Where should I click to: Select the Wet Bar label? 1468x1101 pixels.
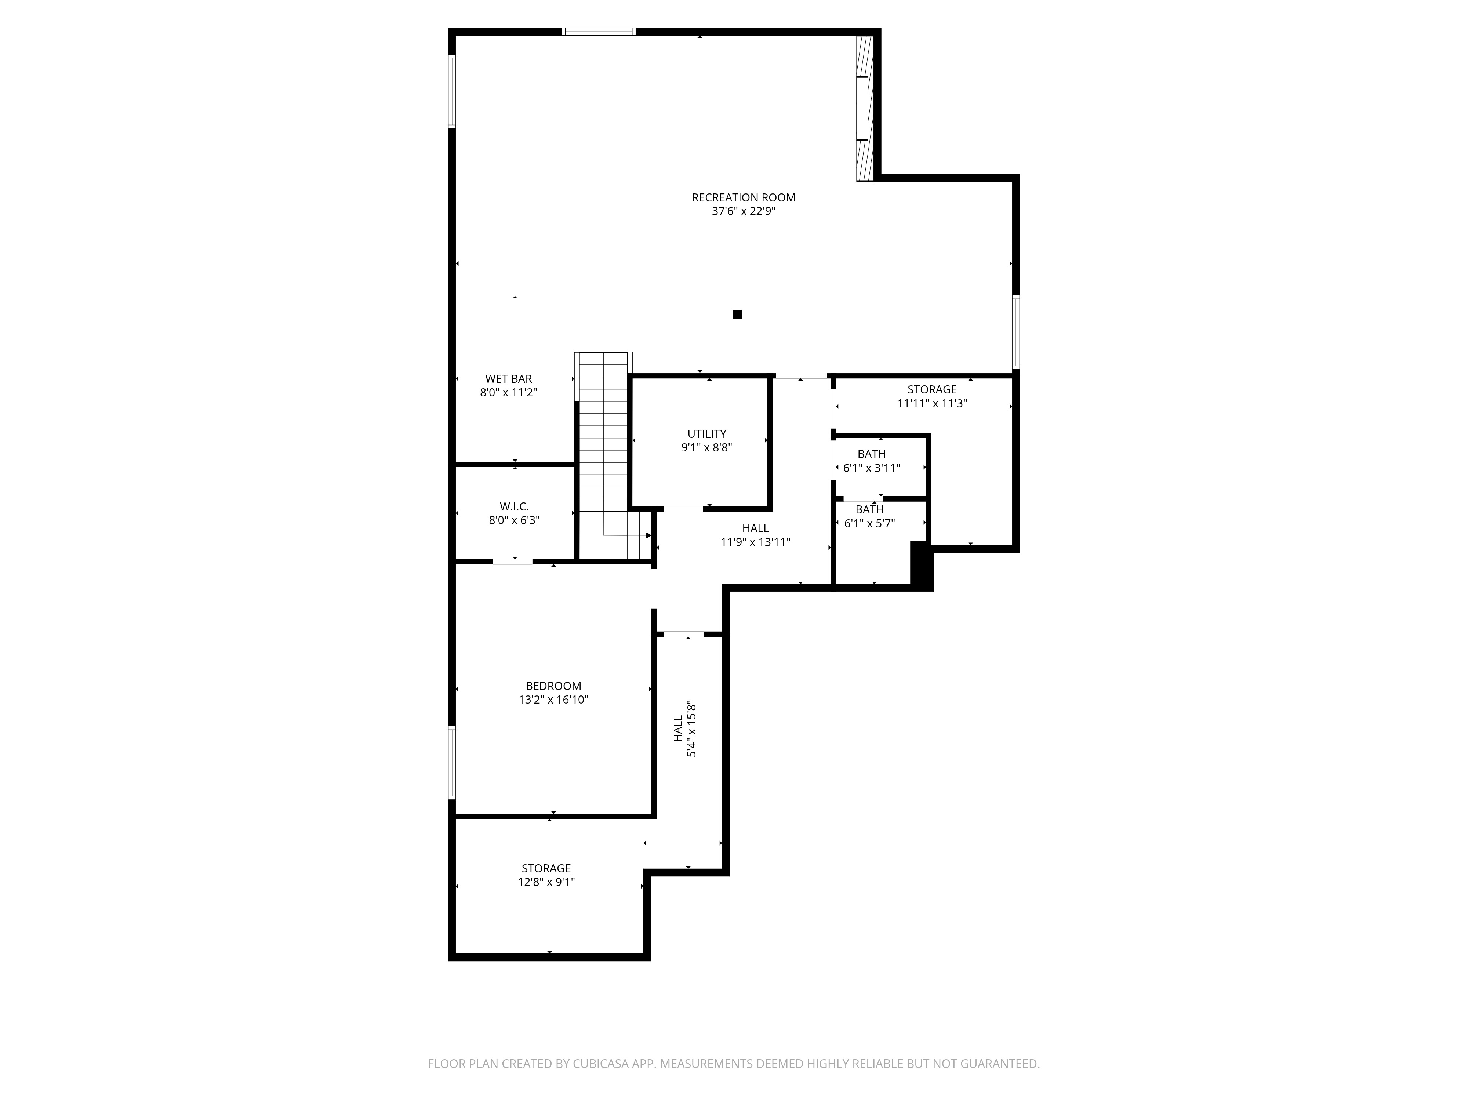coord(508,379)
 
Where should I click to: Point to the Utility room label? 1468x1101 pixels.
coord(707,434)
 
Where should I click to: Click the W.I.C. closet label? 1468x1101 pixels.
coord(514,507)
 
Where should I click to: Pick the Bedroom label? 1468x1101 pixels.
coord(553,686)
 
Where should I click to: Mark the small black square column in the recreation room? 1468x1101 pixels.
coord(737,315)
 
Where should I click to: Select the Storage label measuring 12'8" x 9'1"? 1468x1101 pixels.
coord(546,869)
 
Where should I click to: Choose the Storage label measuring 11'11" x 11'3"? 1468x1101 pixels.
coord(933,389)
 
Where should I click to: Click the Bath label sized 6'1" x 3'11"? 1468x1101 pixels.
coord(871,455)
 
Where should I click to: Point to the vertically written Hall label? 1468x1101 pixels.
coord(678,729)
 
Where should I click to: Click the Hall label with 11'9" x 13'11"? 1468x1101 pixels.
coord(756,528)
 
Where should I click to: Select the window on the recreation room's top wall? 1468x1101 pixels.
coord(599,31)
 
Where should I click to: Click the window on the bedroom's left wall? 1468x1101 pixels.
coord(452,763)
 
